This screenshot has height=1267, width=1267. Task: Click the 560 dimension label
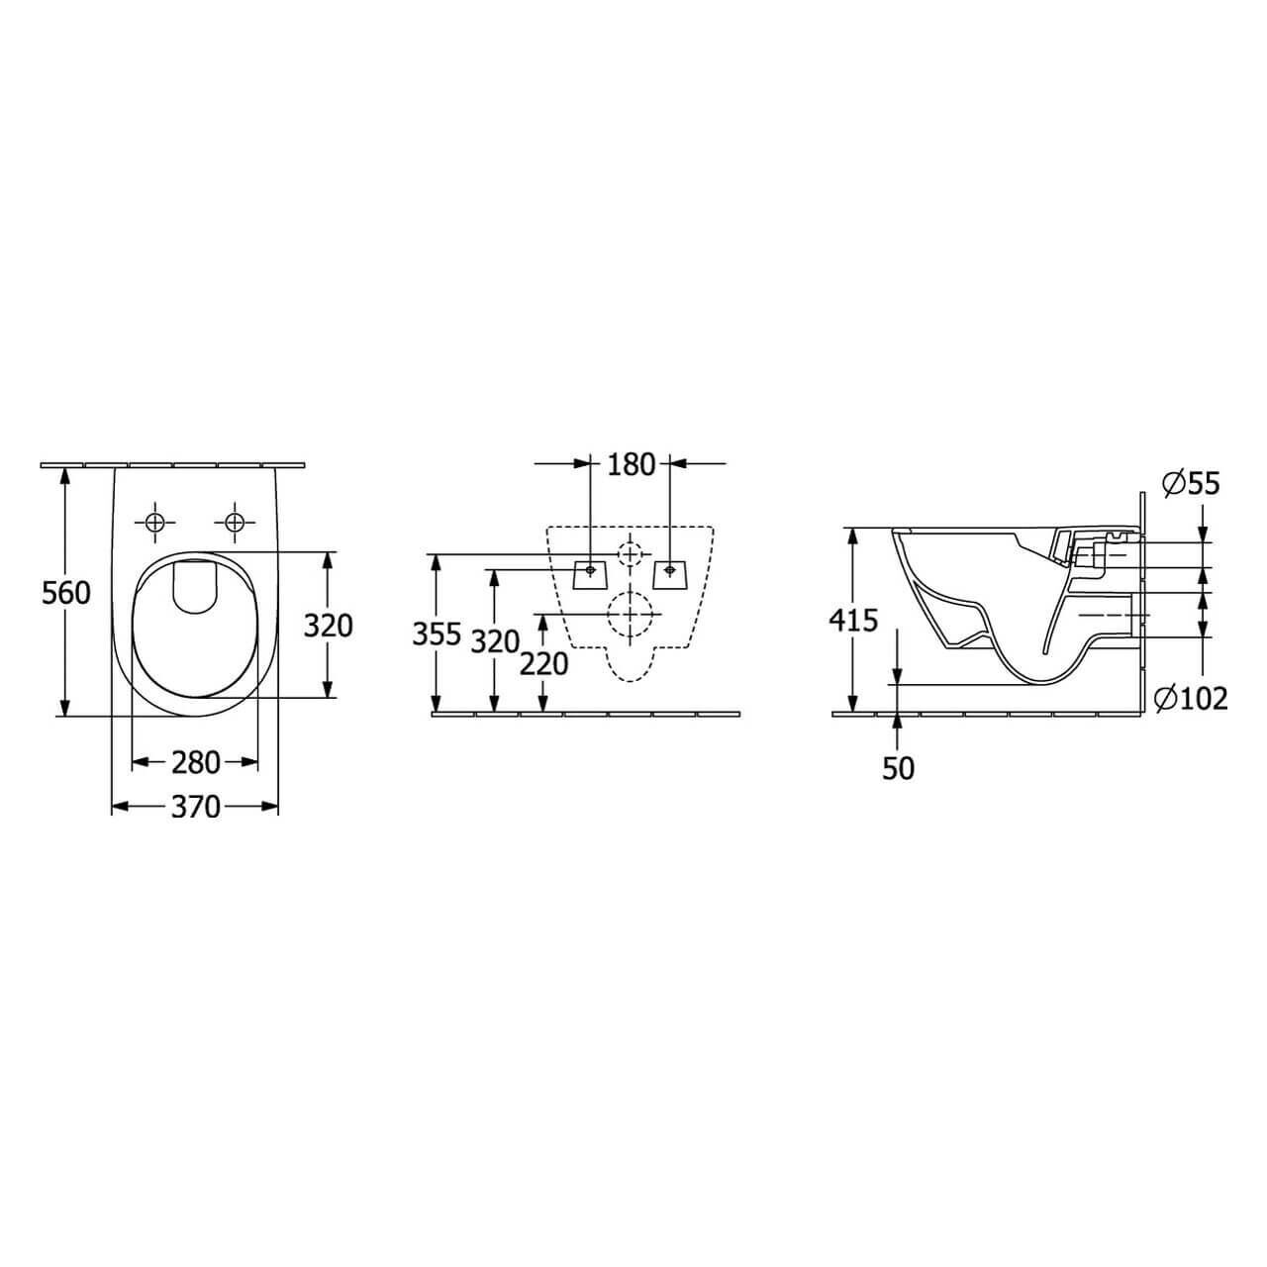(x=65, y=594)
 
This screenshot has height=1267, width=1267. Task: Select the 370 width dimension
(x=195, y=807)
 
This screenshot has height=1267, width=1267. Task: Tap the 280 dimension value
(x=195, y=763)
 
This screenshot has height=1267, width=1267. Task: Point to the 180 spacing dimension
(x=631, y=465)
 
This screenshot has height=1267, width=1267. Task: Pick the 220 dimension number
(x=543, y=665)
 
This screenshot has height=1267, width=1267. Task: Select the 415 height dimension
(x=853, y=620)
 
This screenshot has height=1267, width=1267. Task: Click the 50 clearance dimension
(x=898, y=768)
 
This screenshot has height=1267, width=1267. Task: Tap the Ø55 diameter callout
(x=1190, y=485)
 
